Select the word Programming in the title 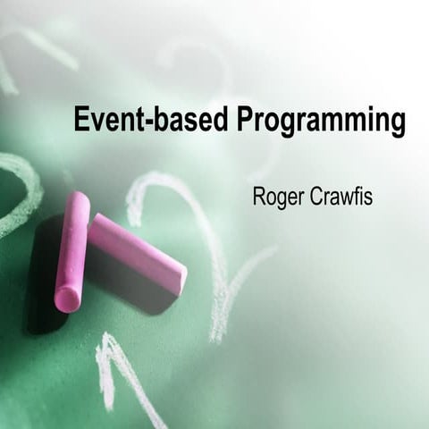[x=321, y=122]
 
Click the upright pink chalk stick [x=71, y=250]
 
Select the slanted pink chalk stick [x=139, y=253]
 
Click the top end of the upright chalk [x=80, y=198]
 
